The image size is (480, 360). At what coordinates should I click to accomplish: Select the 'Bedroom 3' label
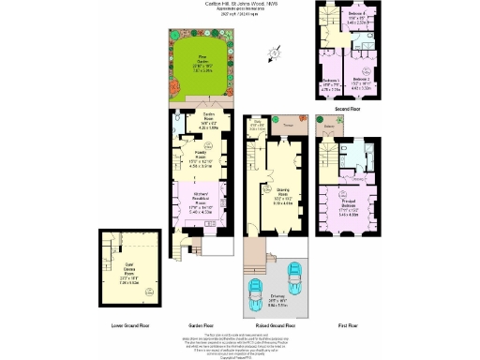333,82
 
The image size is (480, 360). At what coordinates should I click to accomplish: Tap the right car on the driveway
293,281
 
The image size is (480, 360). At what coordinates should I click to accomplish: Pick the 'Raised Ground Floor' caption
276,325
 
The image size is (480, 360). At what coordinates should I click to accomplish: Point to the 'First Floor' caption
347,325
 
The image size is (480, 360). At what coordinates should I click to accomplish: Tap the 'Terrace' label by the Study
286,123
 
